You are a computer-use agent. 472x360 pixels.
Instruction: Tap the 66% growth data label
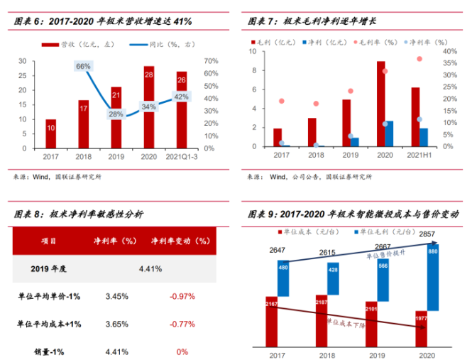(83, 67)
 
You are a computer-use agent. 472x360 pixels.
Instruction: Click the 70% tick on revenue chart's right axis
(209, 61)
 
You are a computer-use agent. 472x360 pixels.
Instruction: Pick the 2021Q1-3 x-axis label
(182, 156)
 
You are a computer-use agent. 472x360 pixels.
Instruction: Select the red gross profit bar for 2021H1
(415, 117)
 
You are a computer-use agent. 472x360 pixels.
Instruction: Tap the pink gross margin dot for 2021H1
(419, 59)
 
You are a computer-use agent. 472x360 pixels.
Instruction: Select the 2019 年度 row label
(50, 268)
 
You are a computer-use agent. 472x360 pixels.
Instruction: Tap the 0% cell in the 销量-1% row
(182, 351)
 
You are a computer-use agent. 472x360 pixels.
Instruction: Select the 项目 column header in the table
(50, 241)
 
